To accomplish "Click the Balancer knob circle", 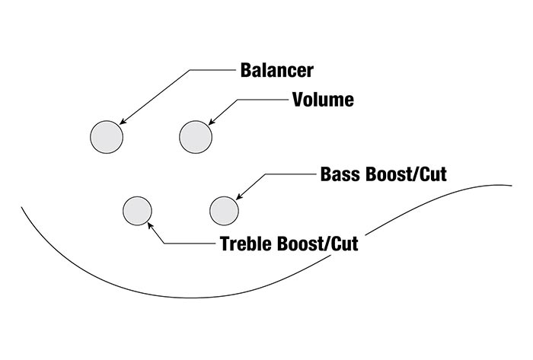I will tap(107, 137).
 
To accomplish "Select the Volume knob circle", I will tap(195, 137).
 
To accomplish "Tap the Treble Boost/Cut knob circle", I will tap(138, 210).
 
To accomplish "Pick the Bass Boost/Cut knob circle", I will tap(225, 210).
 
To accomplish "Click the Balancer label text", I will tap(276, 71).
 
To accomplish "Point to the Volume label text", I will tap(323, 100).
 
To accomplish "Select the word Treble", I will tap(244, 245).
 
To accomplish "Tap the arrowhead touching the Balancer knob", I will tap(122, 120).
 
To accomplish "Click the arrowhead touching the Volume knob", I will tap(210, 121).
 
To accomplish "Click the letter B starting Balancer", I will tap(246, 71).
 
